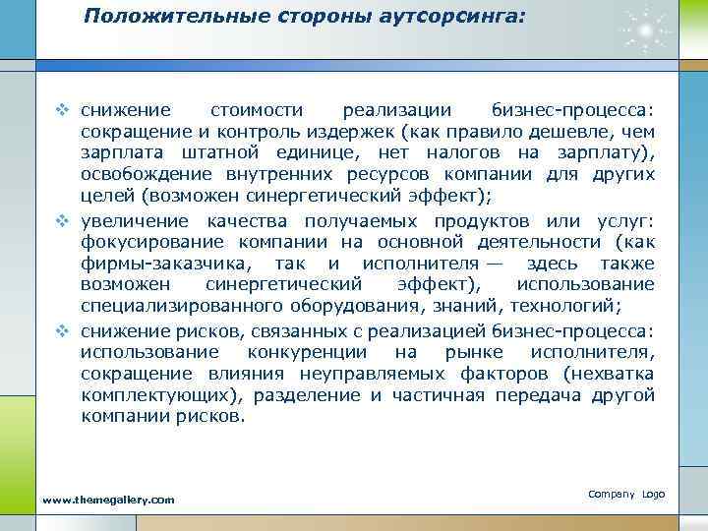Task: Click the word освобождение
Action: click(x=141, y=175)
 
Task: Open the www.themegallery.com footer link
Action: click(x=108, y=501)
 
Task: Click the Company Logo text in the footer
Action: click(x=626, y=493)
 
